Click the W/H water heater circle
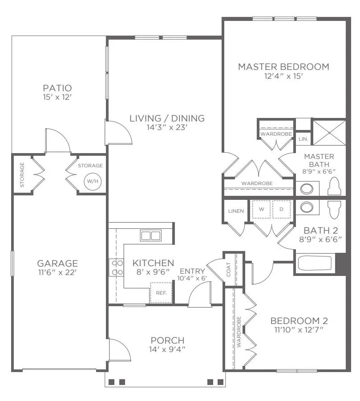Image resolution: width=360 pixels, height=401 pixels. coord(93,181)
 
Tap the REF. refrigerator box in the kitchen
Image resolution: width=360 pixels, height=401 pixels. coord(161,293)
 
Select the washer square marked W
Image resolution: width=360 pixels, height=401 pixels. coord(261,209)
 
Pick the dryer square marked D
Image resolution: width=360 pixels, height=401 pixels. coord(282,209)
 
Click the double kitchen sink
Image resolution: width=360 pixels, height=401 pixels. coord(150,235)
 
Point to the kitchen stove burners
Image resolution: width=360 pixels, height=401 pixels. coord(117,267)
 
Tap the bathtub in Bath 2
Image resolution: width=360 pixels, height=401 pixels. coord(315,263)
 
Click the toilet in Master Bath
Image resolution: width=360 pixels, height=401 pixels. coord(334,186)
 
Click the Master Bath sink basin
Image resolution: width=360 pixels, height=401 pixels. coord(307,189)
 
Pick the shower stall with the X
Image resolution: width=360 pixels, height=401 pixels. coord(329,133)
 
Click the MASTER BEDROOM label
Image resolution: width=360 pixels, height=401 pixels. coord(283,67)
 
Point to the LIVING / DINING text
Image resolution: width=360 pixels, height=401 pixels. coord(167,118)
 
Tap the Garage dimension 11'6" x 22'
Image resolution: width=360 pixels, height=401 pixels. coord(57,272)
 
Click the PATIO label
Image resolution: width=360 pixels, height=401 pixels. coord(57,88)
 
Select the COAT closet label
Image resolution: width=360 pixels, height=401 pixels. coord(229,269)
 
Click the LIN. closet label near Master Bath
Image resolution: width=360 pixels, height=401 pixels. coord(303,139)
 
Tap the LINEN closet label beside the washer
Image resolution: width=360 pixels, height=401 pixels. coord(236,211)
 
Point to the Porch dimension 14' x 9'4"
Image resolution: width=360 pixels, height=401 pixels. coord(167,349)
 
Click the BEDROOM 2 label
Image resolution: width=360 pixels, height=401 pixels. coord(299,321)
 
